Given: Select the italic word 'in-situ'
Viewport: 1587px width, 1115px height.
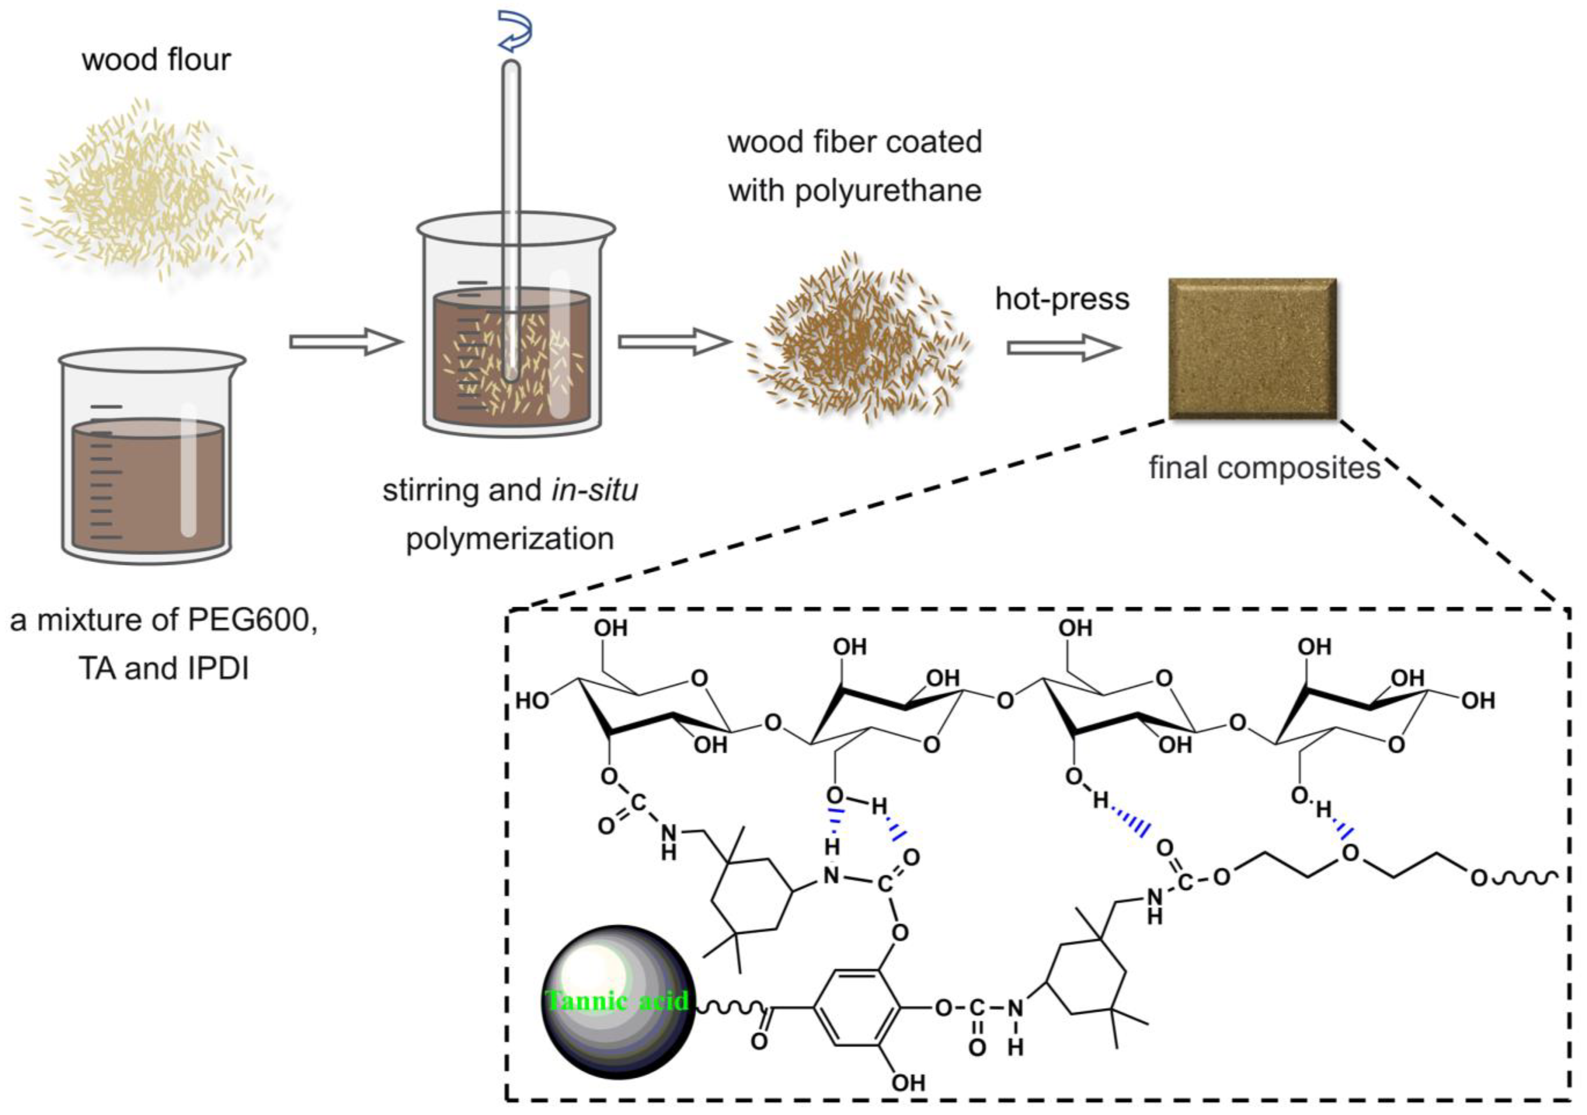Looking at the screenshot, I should pyautogui.click(x=594, y=490).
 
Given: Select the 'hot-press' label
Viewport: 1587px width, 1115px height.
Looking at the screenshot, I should pyautogui.click(x=1062, y=298).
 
